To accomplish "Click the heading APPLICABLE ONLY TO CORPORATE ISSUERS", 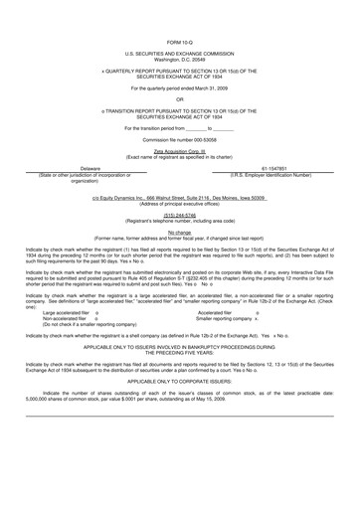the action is pyautogui.click(x=180, y=381).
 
